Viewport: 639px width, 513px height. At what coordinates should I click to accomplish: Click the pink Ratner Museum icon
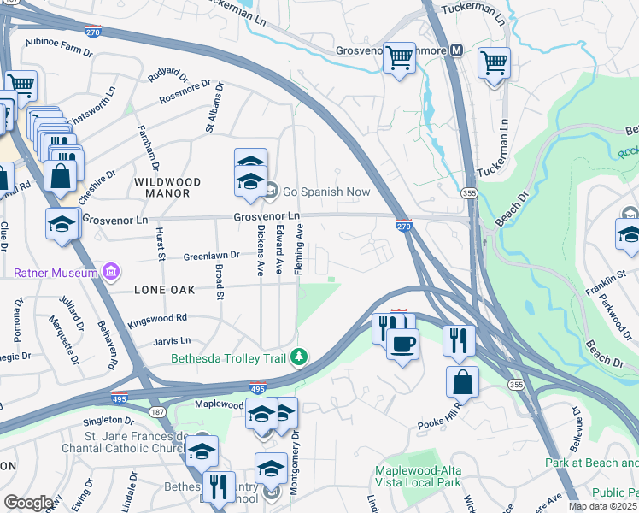pyautogui.click(x=110, y=273)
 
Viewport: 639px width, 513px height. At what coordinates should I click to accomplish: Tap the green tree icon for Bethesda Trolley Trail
pyautogui.click(x=298, y=357)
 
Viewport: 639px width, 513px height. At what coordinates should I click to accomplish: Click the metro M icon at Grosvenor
pyautogui.click(x=457, y=50)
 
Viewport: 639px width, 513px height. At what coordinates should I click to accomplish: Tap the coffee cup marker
pyautogui.click(x=402, y=344)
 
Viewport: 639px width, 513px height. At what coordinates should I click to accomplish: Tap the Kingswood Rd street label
pyautogui.click(x=157, y=319)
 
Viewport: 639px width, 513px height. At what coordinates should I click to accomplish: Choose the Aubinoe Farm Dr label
pyautogui.click(x=58, y=51)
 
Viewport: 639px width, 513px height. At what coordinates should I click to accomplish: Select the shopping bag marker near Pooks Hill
pyautogui.click(x=462, y=381)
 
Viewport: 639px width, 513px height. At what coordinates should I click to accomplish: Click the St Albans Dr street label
pyautogui.click(x=213, y=108)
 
